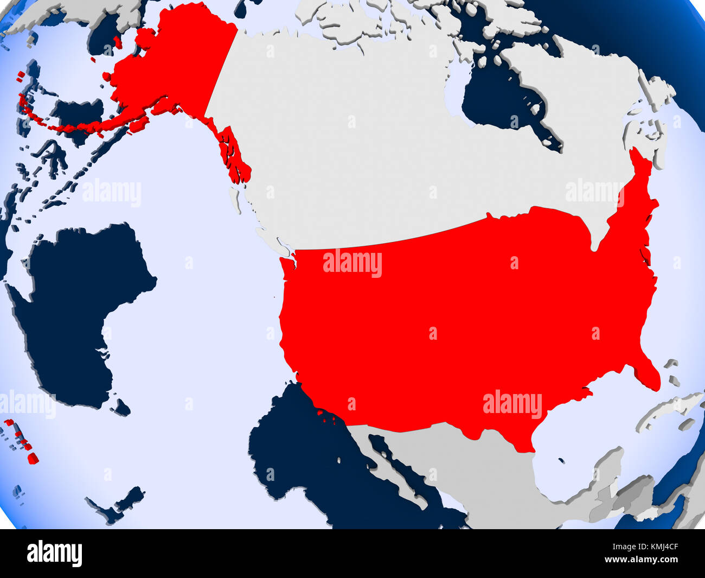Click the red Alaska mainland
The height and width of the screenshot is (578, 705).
[168, 65]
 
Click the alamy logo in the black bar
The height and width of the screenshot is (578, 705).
[54, 554]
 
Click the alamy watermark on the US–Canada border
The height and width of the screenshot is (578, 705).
[352, 264]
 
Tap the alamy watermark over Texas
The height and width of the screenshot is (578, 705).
[512, 404]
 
